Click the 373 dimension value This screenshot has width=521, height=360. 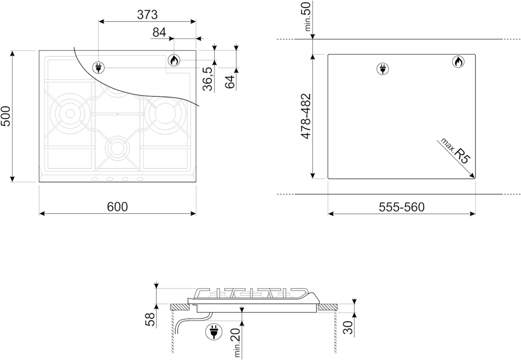tap(147, 14)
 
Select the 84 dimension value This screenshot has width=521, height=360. tap(159, 32)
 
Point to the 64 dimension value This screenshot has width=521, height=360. tap(229, 82)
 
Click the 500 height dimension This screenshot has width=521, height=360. tap(6, 116)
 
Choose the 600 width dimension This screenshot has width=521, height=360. tap(117, 206)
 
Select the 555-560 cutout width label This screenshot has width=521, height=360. tap(402, 207)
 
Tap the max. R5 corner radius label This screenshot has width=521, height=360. tap(455, 150)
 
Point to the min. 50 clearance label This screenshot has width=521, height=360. tap(308, 16)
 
